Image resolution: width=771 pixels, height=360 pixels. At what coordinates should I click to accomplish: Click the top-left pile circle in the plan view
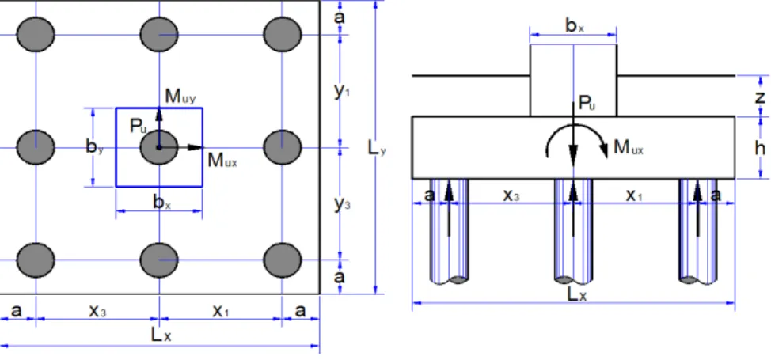coord(36,35)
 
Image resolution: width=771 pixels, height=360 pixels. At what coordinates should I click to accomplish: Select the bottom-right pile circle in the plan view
coord(283,260)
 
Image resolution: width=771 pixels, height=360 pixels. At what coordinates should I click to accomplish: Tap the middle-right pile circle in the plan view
coord(283,147)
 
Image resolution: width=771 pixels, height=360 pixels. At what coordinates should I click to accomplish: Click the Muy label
coord(180,97)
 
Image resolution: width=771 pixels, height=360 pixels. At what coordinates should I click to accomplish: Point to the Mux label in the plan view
coord(222,161)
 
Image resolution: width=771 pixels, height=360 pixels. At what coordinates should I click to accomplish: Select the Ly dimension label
coord(377,147)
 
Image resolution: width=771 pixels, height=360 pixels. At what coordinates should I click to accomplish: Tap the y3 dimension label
coord(342,203)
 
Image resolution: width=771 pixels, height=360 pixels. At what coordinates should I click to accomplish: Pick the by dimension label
coord(95,146)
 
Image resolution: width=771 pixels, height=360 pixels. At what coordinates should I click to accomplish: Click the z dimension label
coord(760,97)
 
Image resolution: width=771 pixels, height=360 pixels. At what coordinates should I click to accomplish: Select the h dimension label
coord(760,147)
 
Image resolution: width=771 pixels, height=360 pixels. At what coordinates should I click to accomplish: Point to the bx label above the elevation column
coord(575,25)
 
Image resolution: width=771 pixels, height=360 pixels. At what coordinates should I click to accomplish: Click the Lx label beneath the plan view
coord(161,335)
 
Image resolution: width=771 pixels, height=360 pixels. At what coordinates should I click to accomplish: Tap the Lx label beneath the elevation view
coord(577,294)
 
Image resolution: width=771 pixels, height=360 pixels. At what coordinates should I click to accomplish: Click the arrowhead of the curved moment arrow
coord(604,150)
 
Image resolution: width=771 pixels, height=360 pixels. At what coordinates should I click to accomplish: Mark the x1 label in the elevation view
coord(633,195)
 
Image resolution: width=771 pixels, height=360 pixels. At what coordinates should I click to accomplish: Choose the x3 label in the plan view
coord(97,310)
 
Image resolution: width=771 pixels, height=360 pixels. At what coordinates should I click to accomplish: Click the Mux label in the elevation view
coord(628,147)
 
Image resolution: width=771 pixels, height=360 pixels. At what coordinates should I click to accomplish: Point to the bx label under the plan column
coord(161,202)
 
